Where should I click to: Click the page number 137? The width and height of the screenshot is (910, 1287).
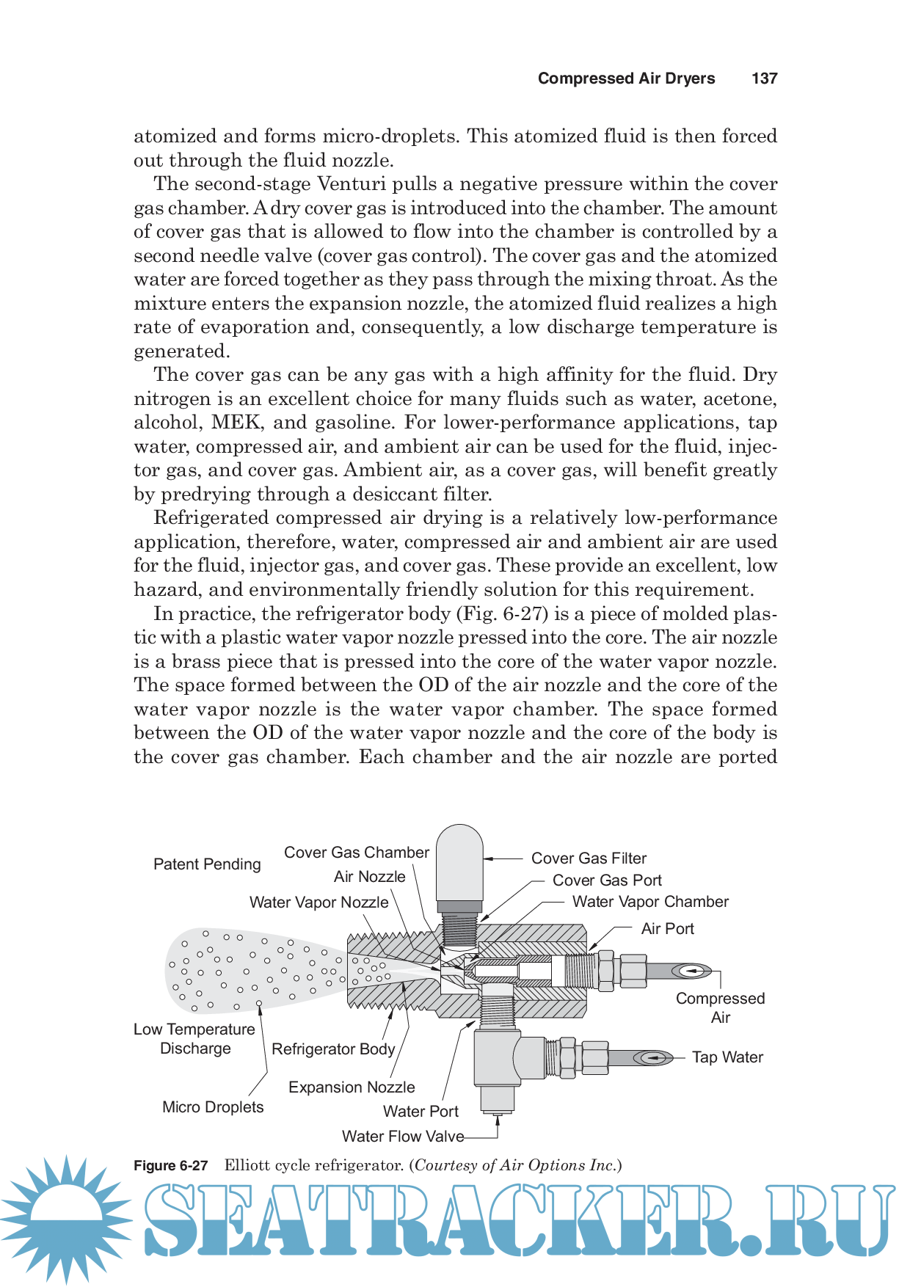coord(764,79)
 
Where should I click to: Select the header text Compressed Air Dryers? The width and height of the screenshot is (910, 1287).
coord(626,79)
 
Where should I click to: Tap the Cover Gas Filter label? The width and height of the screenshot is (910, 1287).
coord(589,858)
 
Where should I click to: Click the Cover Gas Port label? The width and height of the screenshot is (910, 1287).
coord(607,880)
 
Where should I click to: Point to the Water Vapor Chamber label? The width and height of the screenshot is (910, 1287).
coord(650,902)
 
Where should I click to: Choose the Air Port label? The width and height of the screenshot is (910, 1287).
coord(667,929)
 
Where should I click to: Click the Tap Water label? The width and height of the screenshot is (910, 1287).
coord(727,1057)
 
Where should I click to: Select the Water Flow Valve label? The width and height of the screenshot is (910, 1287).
coord(403,1137)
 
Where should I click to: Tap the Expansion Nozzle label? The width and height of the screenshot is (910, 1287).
coord(352,1087)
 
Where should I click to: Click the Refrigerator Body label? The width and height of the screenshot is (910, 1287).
coord(333,1049)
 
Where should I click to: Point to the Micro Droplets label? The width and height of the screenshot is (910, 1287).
coord(213,1107)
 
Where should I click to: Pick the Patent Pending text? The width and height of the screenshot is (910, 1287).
coord(207,864)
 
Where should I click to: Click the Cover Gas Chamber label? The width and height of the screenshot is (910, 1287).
coord(356,853)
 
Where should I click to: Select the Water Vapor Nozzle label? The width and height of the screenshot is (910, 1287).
coord(318,903)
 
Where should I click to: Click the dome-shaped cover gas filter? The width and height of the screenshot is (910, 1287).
coord(459,863)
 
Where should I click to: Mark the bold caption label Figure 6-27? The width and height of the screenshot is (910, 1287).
coord(170,1166)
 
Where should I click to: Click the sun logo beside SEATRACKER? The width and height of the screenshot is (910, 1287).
coord(66,1219)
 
